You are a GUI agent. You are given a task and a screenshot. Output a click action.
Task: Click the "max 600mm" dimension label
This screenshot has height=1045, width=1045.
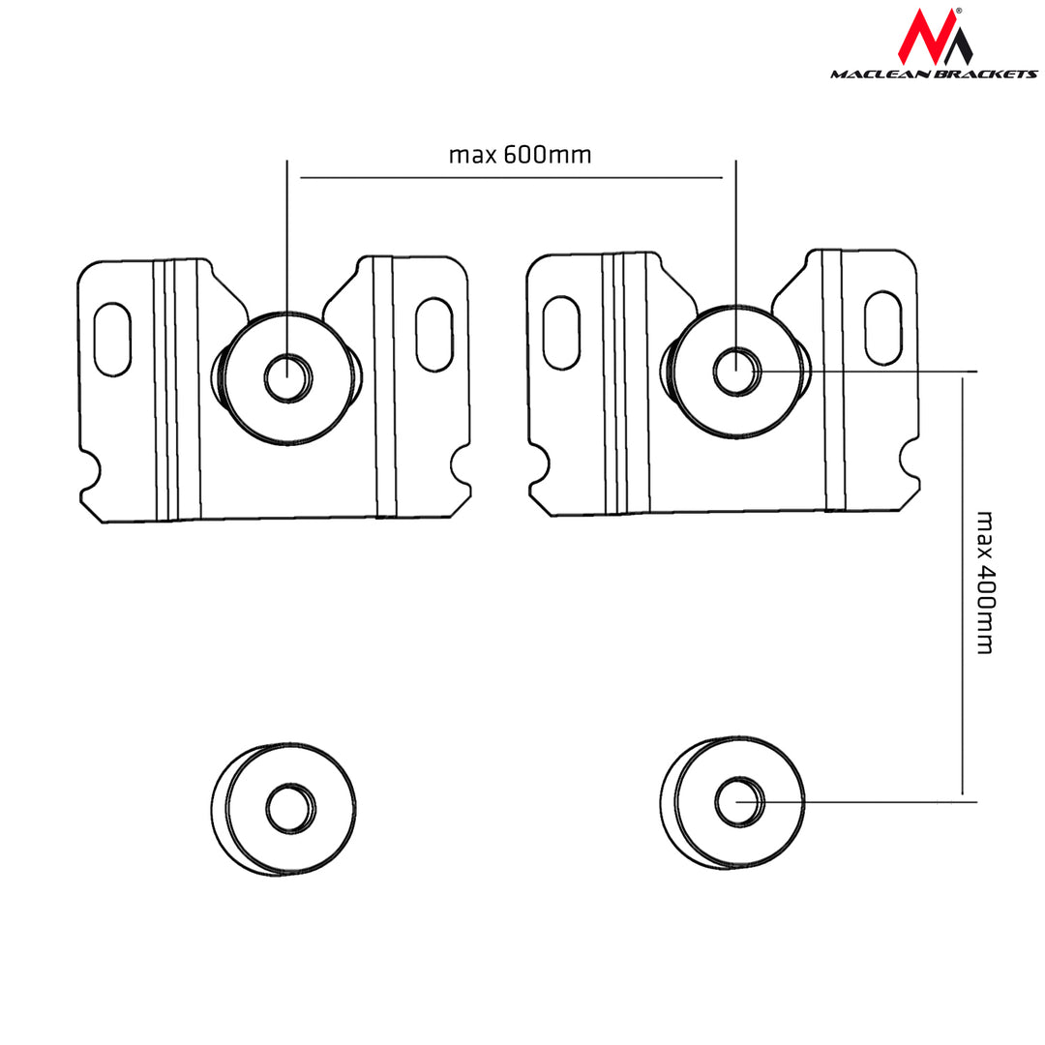click(520, 155)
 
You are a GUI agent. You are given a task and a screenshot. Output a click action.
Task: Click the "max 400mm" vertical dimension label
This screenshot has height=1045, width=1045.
click(984, 582)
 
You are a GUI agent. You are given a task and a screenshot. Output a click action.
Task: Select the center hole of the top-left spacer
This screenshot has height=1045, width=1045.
click(287, 377)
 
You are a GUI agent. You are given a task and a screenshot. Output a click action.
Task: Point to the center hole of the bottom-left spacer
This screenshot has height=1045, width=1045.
click(287, 809)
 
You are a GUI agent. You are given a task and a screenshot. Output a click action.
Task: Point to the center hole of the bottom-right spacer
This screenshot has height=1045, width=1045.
click(738, 801)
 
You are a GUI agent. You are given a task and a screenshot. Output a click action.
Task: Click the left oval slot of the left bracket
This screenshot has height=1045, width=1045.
click(113, 338)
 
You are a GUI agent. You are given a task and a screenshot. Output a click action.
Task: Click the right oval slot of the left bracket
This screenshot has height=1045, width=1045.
click(433, 335)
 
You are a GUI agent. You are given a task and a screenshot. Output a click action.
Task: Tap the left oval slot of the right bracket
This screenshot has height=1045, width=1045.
click(562, 332)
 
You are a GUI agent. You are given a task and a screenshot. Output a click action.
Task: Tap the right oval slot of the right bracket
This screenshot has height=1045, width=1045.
click(882, 328)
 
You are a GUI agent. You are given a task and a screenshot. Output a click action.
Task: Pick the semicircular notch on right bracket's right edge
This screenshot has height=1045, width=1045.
click(910, 458)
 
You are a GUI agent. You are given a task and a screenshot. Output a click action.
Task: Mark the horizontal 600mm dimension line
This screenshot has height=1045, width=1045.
click(512, 178)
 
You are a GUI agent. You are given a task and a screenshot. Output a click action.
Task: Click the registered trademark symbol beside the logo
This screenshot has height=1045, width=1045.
click(958, 11)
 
